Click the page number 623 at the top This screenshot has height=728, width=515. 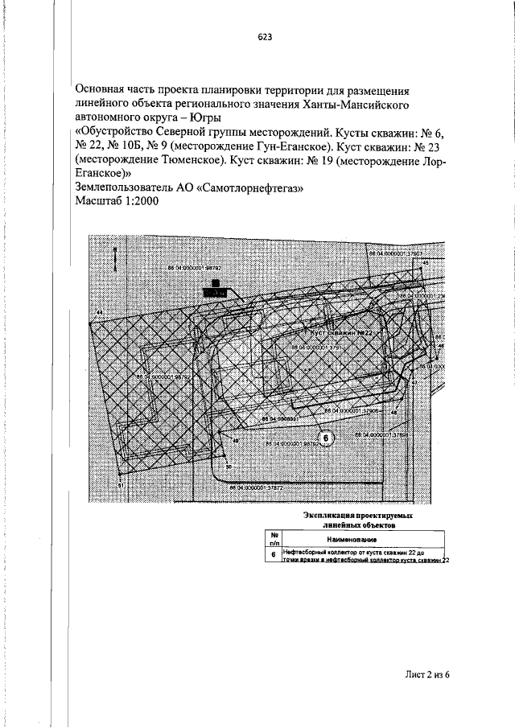pyautogui.click(x=265, y=37)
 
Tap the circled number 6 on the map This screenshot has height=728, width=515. pyautogui.click(x=326, y=438)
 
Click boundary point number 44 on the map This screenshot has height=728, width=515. pyautogui.click(x=99, y=311)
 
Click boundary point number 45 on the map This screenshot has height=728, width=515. pyautogui.click(x=426, y=262)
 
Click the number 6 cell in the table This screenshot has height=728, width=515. pyautogui.click(x=274, y=555)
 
